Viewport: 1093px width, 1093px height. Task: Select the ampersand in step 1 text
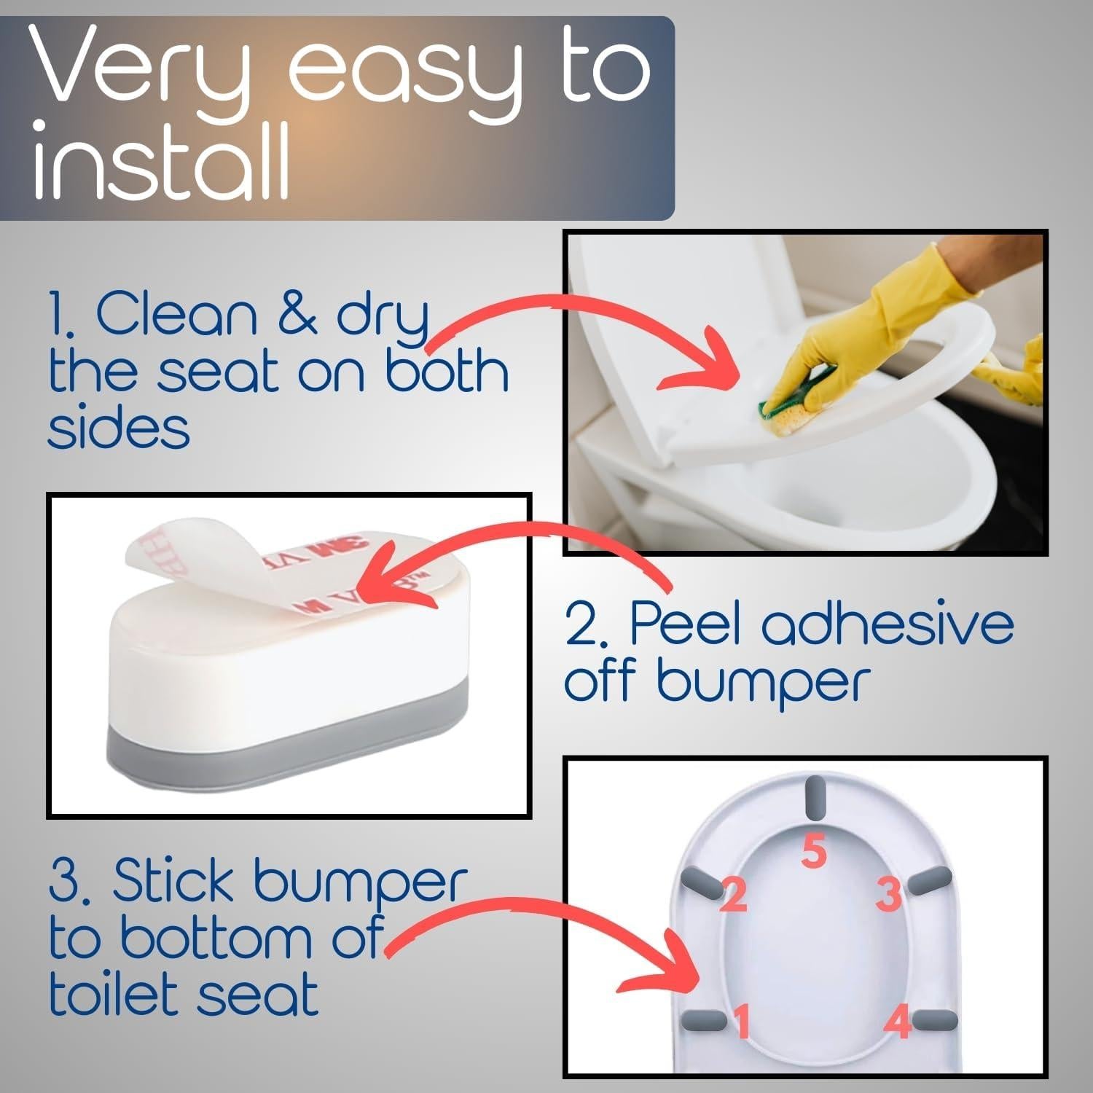point(297,315)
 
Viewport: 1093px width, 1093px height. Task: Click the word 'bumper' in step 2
point(763,682)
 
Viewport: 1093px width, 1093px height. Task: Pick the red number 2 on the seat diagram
point(734,894)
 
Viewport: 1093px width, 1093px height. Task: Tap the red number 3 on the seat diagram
point(888,894)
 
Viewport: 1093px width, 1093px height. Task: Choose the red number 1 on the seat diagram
point(742,1021)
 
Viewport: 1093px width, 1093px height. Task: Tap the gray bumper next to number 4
point(935,1020)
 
